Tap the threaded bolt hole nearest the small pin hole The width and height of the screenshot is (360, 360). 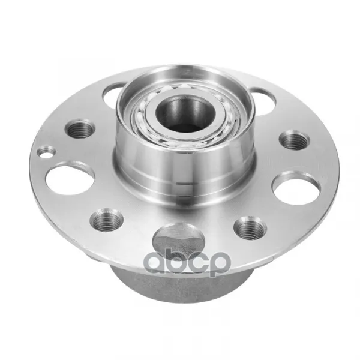click(80, 130)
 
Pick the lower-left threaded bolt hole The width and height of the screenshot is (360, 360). click(106, 220)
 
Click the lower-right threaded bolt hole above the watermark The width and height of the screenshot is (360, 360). click(250, 227)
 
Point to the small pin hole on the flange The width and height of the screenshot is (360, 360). click(46, 152)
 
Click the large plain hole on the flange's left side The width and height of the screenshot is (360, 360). click(70, 178)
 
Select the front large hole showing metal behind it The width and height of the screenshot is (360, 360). click(179, 239)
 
